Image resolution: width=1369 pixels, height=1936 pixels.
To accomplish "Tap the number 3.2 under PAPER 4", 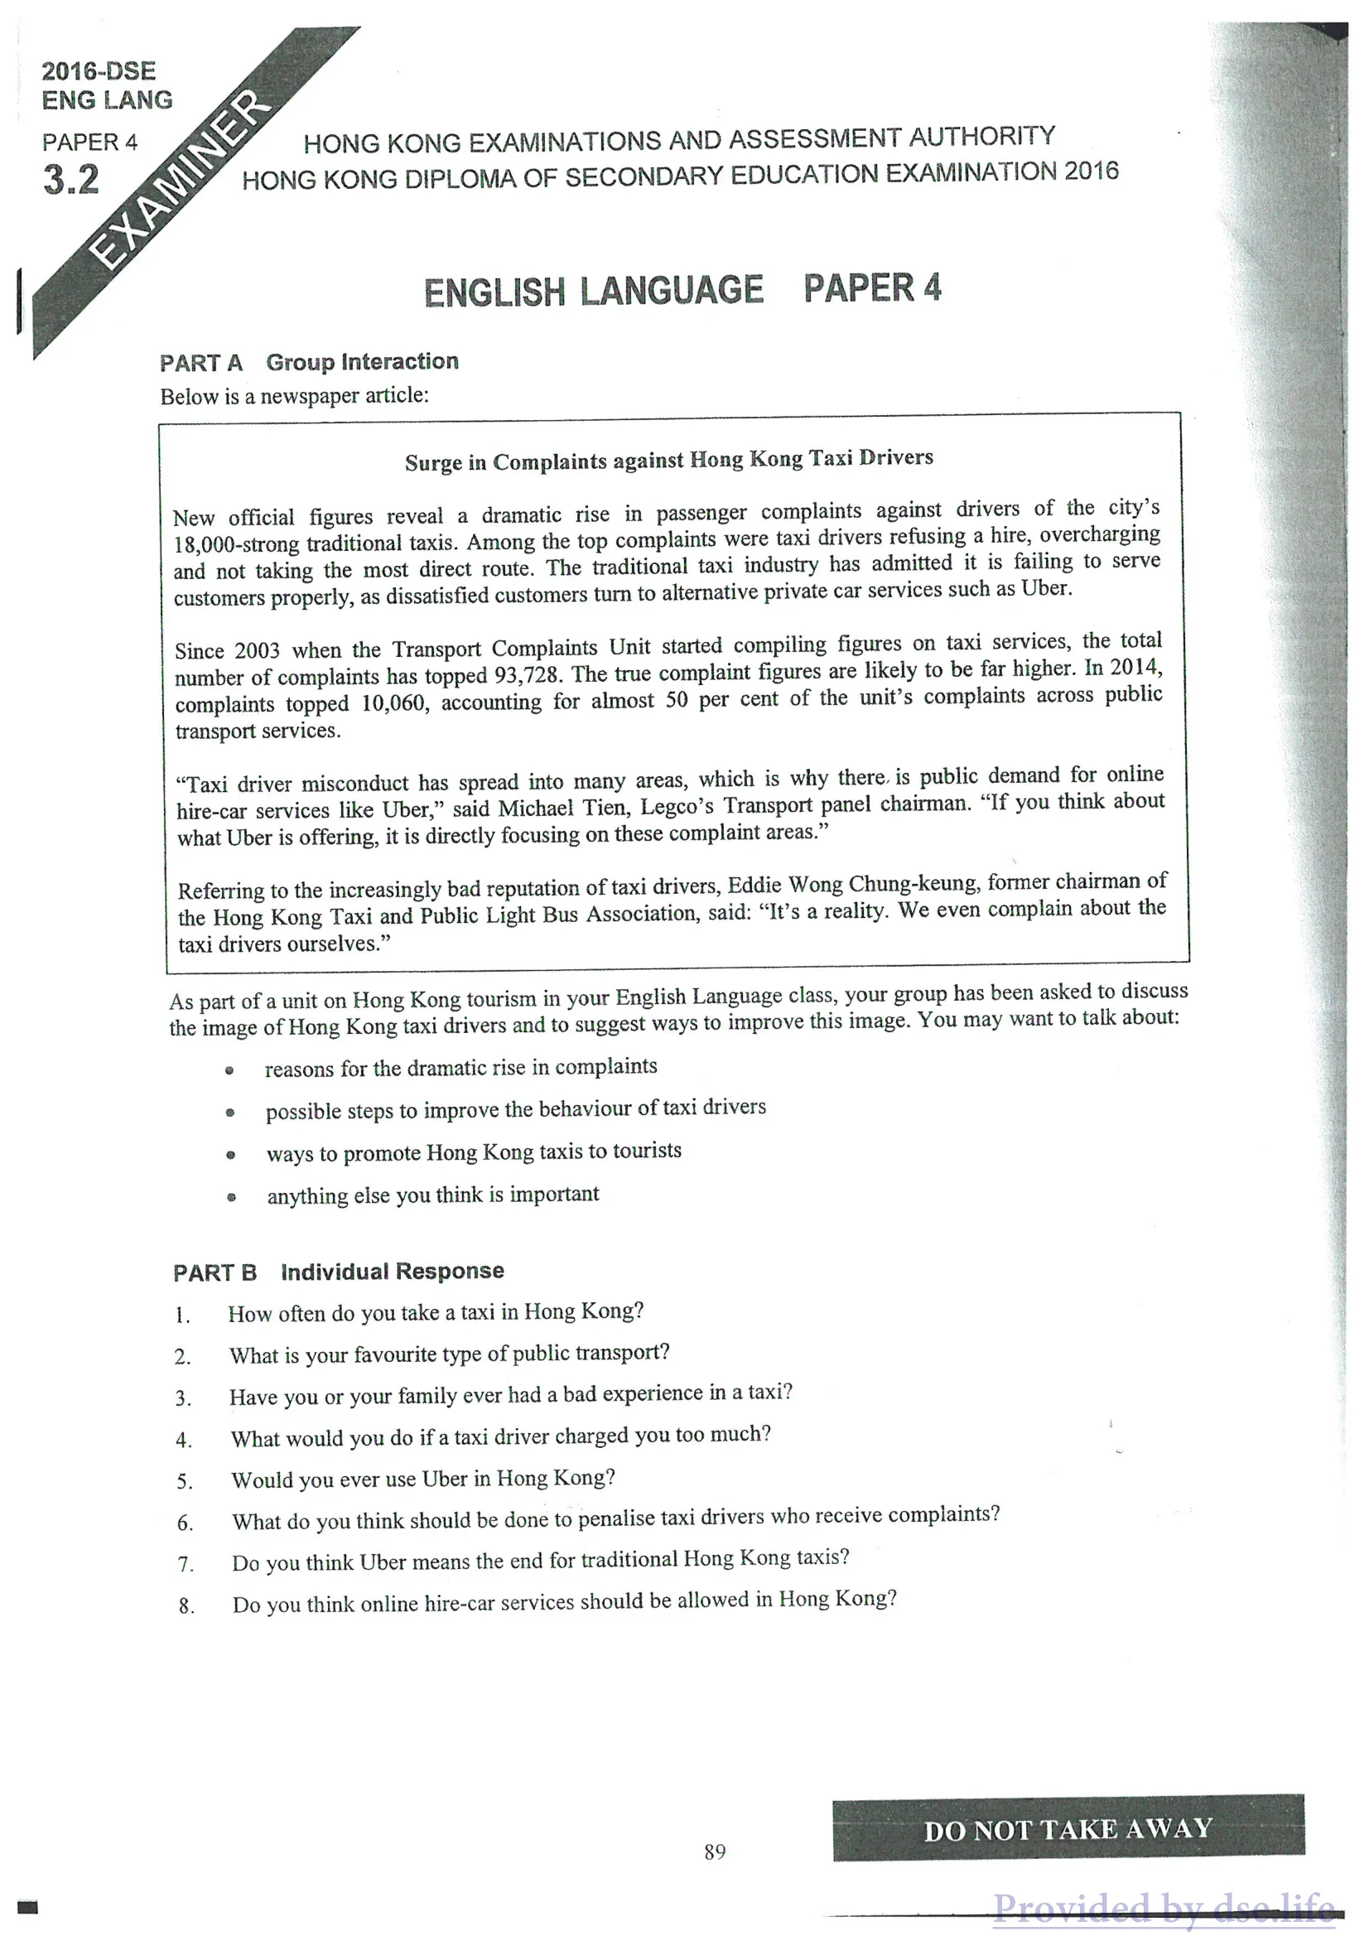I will tap(71, 180).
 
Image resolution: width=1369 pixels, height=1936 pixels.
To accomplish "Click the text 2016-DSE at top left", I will tap(99, 71).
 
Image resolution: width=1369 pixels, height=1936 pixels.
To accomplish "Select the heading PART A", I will tap(201, 364).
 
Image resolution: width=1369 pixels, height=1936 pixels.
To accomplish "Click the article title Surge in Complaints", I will tap(668, 460).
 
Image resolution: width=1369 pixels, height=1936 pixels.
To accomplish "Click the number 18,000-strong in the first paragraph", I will tap(236, 543).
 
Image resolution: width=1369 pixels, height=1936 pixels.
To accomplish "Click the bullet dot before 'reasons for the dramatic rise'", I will tap(229, 1071).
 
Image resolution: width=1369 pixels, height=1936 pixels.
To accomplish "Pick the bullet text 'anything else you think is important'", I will tap(432, 1195).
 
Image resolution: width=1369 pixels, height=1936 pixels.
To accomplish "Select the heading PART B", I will tap(215, 1272).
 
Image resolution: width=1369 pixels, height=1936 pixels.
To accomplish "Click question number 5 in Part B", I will tap(185, 1481).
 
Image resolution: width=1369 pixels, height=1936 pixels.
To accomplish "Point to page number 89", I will tap(715, 1852).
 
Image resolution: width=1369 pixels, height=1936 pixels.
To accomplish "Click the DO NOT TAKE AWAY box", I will tap(1068, 1830).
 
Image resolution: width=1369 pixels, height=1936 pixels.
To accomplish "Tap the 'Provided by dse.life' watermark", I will tap(1164, 1907).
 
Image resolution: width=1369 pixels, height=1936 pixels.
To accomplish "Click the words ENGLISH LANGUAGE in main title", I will tap(594, 291).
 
